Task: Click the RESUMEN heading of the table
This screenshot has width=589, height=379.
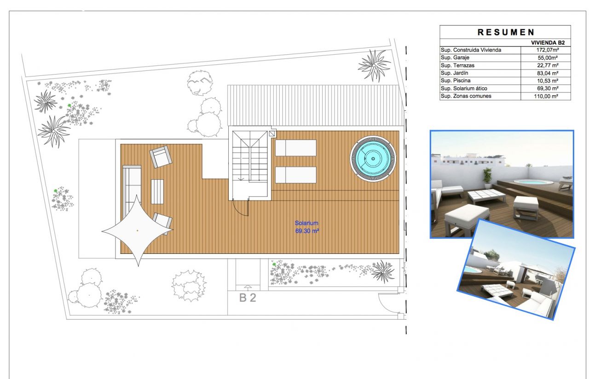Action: pyautogui.click(x=505, y=32)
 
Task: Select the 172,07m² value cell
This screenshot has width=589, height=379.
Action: pyautogui.click(x=546, y=50)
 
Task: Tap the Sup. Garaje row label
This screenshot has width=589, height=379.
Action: pyautogui.click(x=455, y=58)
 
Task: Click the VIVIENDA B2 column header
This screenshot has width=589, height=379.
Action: pyautogui.click(x=548, y=42)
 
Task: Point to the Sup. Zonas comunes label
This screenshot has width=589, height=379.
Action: pyautogui.click(x=466, y=96)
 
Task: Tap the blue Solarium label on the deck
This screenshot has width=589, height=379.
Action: pyautogui.click(x=306, y=224)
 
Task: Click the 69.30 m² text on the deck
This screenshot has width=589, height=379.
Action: pyautogui.click(x=307, y=231)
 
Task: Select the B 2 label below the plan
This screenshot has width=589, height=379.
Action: pyautogui.click(x=248, y=298)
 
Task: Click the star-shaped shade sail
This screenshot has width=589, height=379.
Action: pyautogui.click(x=137, y=230)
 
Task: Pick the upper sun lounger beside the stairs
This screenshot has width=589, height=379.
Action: pyautogui.click(x=295, y=148)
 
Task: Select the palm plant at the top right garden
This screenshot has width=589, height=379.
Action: pyautogui.click(x=374, y=65)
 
